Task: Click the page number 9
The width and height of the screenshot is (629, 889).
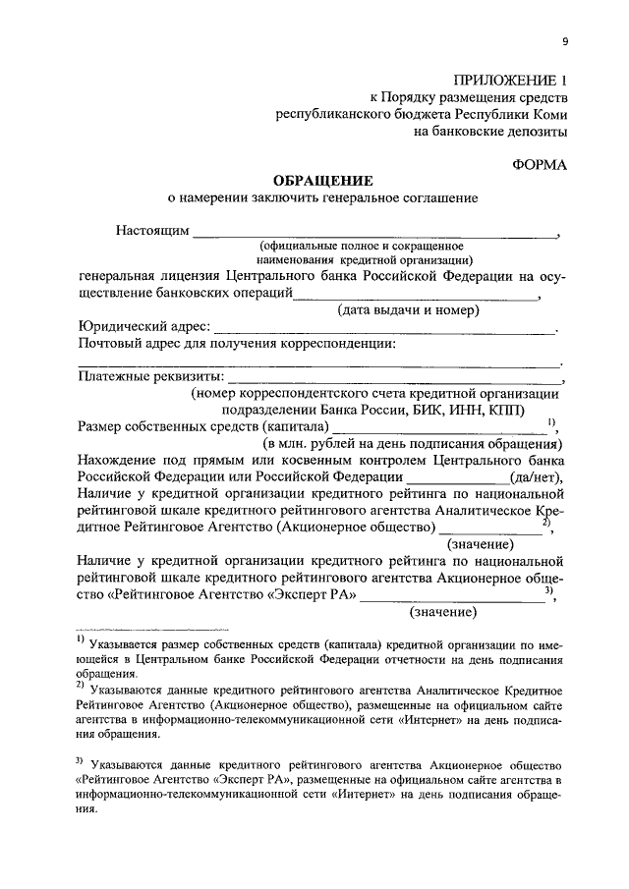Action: tap(564, 40)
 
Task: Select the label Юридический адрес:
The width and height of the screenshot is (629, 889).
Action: tap(143, 326)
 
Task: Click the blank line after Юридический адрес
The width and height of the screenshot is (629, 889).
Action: tap(383, 331)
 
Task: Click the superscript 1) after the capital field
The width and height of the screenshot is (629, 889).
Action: tap(551, 422)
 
